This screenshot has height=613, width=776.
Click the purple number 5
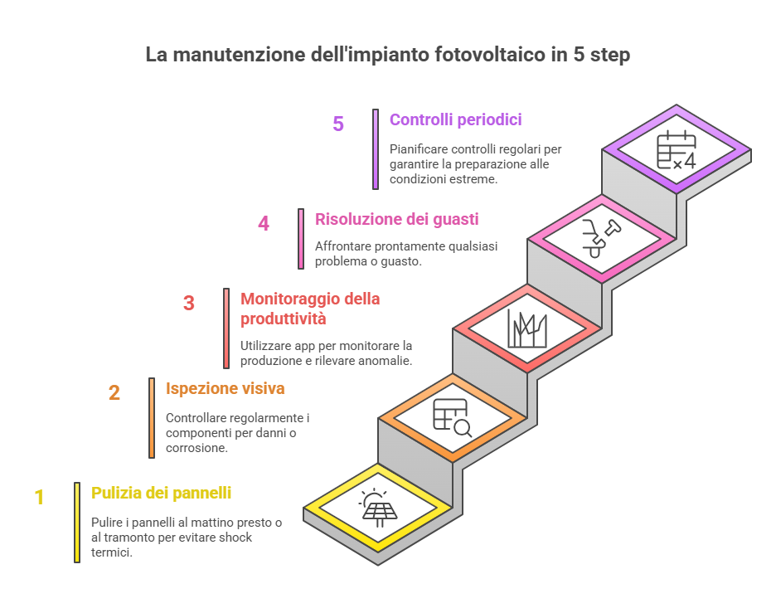[x=338, y=124]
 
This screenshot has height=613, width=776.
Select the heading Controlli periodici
[x=455, y=120]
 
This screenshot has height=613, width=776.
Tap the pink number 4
[x=264, y=224]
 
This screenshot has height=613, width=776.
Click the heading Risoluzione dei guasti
[x=396, y=220]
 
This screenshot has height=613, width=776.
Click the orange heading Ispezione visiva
[x=226, y=388]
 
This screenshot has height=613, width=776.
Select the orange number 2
[x=114, y=392]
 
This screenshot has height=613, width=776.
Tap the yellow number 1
[x=39, y=498]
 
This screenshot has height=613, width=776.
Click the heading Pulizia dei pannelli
[x=161, y=494]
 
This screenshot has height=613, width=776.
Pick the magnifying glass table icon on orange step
[x=453, y=417]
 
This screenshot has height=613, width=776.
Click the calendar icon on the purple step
[x=677, y=150]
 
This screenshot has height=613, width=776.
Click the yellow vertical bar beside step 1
[x=77, y=523]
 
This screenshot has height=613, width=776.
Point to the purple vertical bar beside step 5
[x=376, y=149]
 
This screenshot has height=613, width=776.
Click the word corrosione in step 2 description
[x=196, y=448]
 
